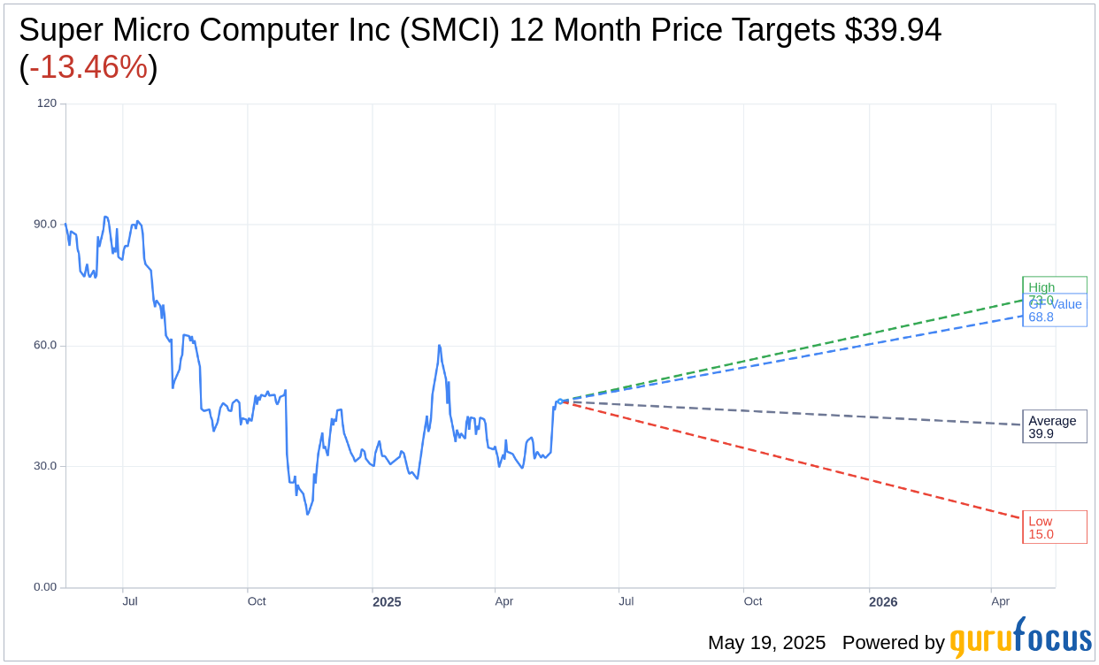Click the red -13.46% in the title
pyautogui.click(x=88, y=67)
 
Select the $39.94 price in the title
pyautogui.click(x=892, y=30)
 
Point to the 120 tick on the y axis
pyautogui.click(x=46, y=103)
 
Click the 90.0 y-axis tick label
pyautogui.click(x=45, y=225)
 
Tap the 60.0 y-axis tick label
pyautogui.click(x=45, y=346)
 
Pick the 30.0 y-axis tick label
pyautogui.click(x=45, y=466)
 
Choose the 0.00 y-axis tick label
pyautogui.click(x=45, y=587)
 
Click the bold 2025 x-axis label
pyautogui.click(x=387, y=602)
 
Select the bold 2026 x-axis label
pyautogui.click(x=883, y=602)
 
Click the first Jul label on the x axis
pyautogui.click(x=130, y=601)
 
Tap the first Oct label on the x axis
pyautogui.click(x=257, y=601)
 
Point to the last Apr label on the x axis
pyautogui.click(x=1000, y=601)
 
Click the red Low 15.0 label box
pyautogui.click(x=1054, y=527)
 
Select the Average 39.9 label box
pyautogui.click(x=1054, y=426)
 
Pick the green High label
pyautogui.click(x=1041, y=287)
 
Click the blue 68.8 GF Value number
pyautogui.click(x=1041, y=317)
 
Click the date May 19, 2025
pyautogui.click(x=766, y=643)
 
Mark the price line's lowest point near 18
pyautogui.click(x=308, y=514)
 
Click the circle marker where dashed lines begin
pyautogui.click(x=560, y=401)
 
